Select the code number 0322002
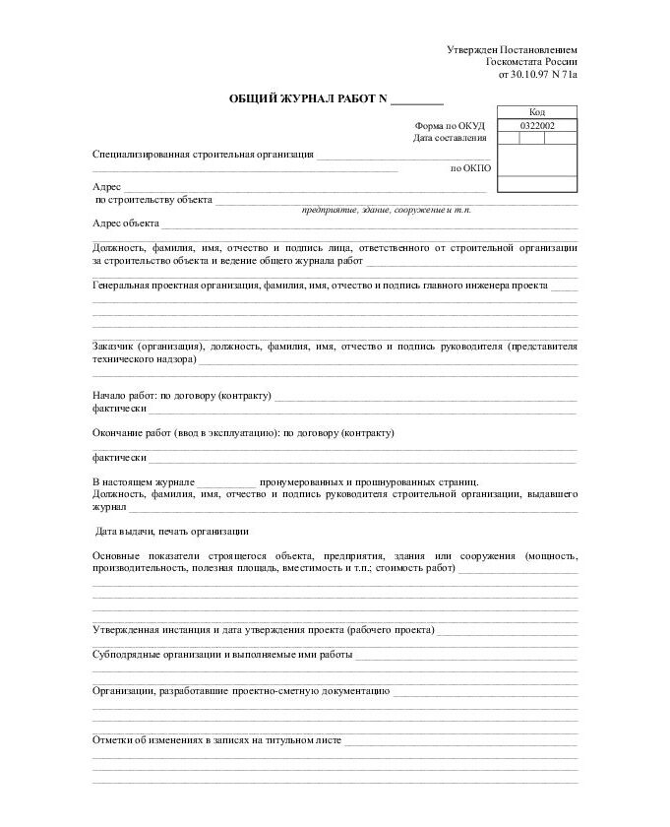pos(537,126)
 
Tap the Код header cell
pos(537,112)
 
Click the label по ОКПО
pos(470,168)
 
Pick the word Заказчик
pos(114,347)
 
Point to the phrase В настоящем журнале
pos(143,481)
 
